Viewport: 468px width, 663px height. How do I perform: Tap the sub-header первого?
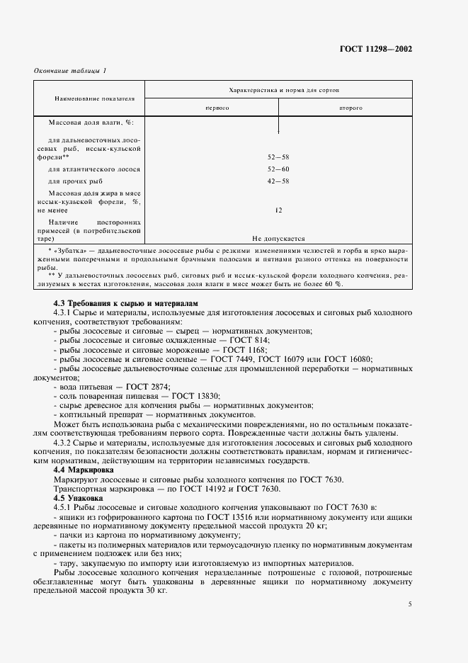tap(217, 108)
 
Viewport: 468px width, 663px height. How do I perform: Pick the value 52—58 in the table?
tap(279, 157)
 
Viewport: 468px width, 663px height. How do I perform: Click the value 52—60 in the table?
tap(279, 169)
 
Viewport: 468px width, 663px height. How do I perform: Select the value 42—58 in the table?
tap(279, 182)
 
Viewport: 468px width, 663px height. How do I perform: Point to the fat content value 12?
tap(279, 210)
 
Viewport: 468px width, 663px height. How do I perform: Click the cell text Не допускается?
tap(279, 239)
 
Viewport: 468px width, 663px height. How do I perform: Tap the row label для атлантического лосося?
tap(94, 169)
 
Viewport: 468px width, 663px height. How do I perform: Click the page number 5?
tap(410, 603)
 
